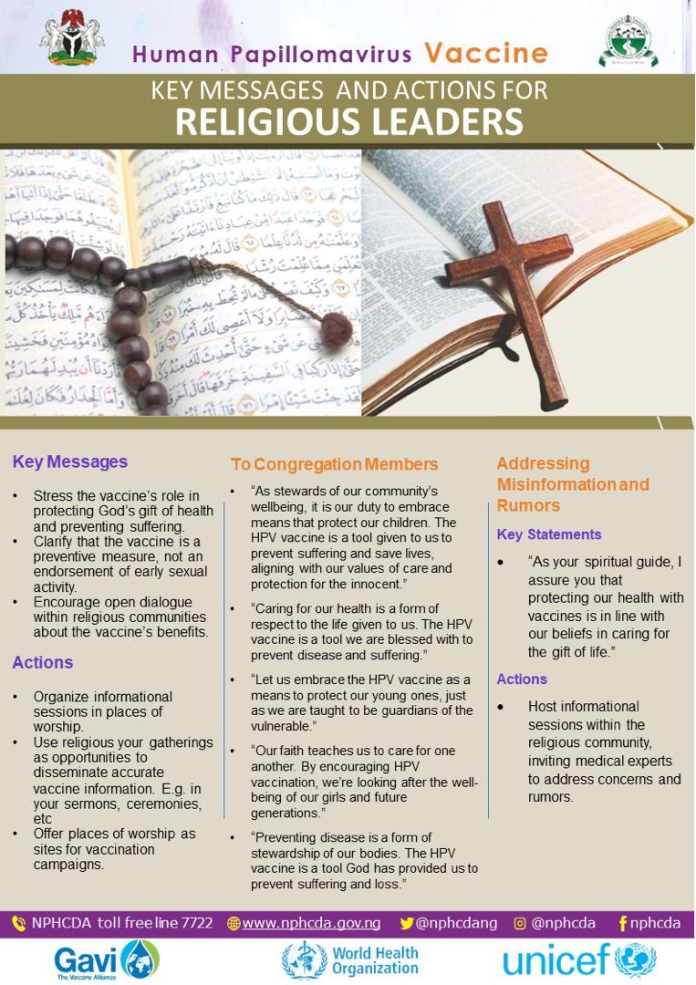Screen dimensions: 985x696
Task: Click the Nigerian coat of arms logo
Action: [72, 37]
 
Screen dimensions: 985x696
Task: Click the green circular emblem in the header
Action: [628, 41]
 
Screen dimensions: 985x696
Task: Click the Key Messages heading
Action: [69, 462]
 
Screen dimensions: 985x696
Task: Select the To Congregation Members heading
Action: [334, 465]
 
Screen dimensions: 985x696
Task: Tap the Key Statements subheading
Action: [549, 534]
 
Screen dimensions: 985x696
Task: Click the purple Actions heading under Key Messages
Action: [43, 662]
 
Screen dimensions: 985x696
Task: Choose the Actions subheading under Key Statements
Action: [522, 679]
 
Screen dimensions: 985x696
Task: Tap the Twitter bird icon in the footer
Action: [407, 923]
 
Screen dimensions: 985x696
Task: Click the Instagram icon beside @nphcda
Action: [520, 923]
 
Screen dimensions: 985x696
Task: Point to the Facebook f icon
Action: [622, 923]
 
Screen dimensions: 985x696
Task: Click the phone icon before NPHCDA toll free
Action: [19, 923]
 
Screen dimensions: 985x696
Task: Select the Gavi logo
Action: [107, 959]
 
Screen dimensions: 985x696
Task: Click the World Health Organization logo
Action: [350, 959]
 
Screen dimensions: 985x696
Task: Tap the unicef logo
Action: [578, 960]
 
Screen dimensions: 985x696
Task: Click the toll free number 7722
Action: [196, 923]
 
